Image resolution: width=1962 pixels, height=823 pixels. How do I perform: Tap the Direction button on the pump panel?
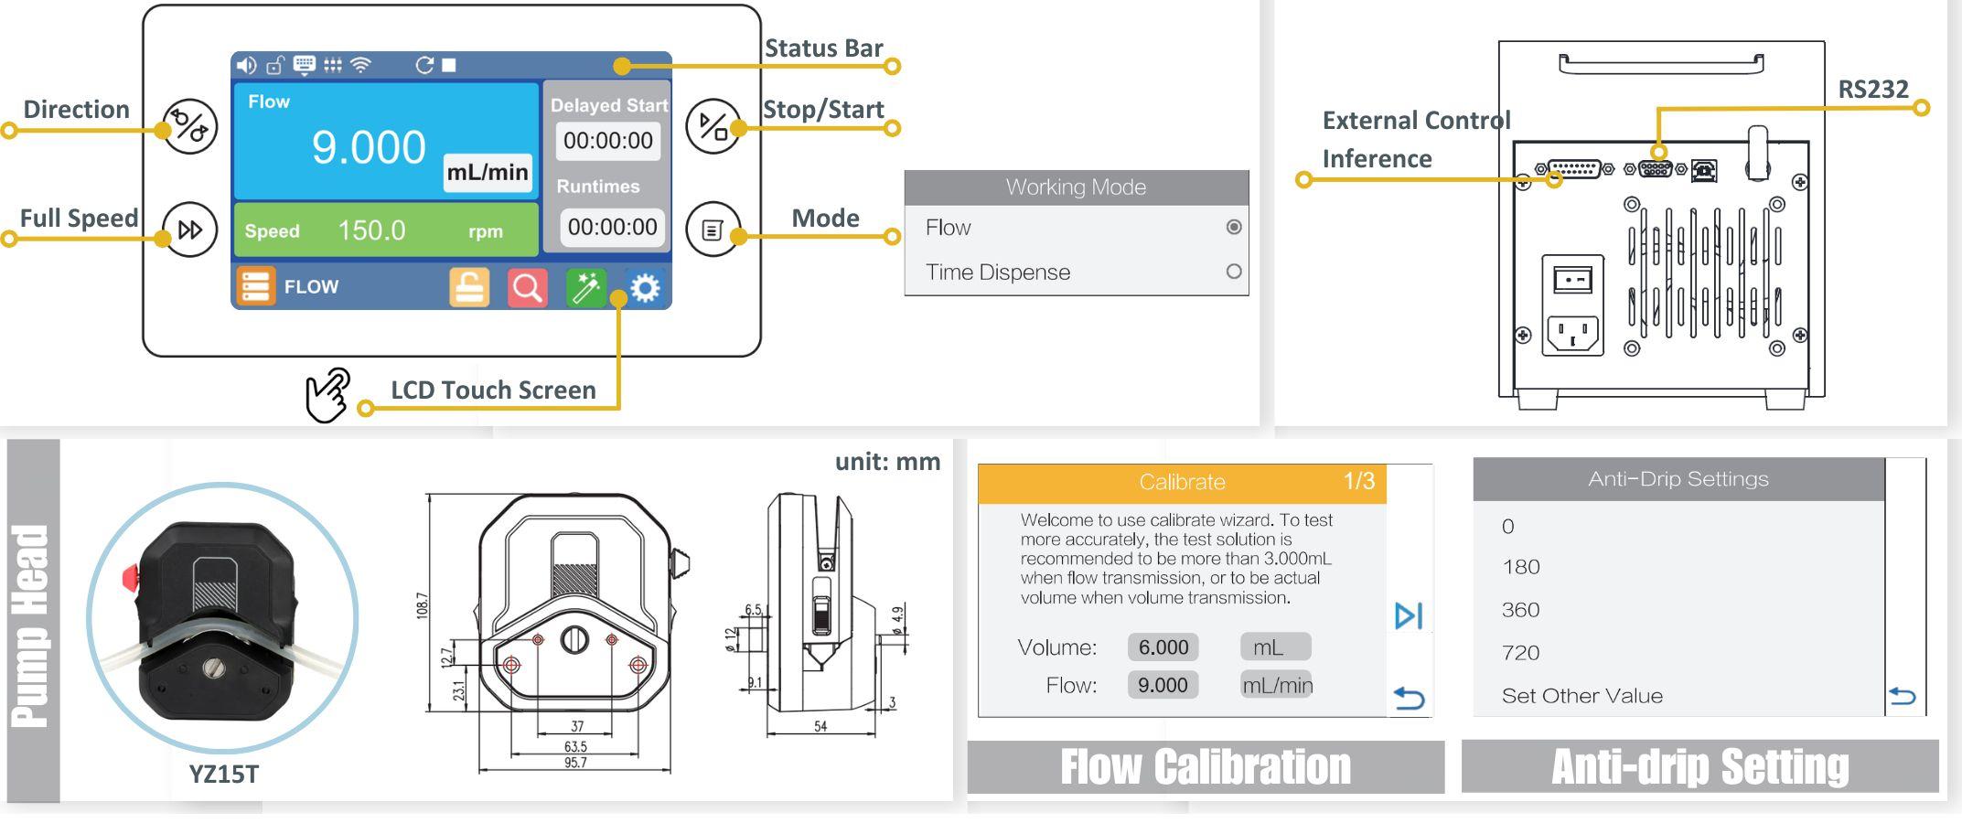189,127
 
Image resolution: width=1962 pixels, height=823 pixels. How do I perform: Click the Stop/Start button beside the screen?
713,126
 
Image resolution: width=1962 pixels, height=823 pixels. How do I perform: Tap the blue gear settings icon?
645,288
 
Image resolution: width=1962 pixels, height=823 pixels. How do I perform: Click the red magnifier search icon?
527,288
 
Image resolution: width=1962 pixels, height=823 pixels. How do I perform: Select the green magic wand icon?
585,288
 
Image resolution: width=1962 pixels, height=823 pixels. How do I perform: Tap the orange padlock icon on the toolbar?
469,288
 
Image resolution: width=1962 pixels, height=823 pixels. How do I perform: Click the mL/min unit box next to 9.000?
488,172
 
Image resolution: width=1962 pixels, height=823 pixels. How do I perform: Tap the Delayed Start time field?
608,141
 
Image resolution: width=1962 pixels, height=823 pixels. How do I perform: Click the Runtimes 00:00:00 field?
612,227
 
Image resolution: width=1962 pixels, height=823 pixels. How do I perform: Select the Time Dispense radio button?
1234,272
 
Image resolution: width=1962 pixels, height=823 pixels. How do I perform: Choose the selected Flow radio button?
1234,227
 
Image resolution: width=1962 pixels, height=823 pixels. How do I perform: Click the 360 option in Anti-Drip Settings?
1520,610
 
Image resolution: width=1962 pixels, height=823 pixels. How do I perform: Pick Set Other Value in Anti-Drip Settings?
1582,696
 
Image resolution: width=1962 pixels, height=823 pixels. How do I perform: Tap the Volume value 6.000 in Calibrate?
1163,647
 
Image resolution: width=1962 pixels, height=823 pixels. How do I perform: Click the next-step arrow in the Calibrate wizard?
1409,615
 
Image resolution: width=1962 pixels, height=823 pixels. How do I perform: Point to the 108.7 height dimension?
422,605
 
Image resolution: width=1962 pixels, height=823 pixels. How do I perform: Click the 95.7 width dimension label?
575,763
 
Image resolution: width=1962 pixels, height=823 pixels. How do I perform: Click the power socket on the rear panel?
1572,333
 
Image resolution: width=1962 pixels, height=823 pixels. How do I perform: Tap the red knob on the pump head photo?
130,577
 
